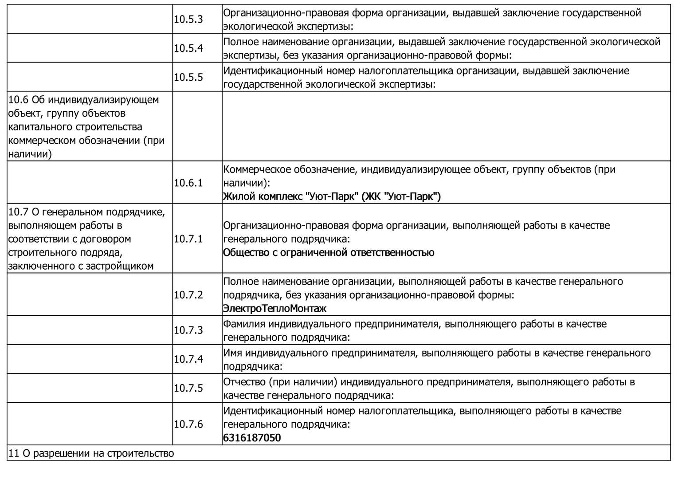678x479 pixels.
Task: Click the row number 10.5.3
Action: (x=188, y=20)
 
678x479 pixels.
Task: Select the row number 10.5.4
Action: (x=188, y=48)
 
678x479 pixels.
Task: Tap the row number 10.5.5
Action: (x=188, y=77)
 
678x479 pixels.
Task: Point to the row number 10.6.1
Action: (x=188, y=183)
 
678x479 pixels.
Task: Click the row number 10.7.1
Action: (x=188, y=239)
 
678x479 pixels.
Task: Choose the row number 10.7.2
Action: (x=188, y=295)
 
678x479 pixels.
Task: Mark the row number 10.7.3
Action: (x=188, y=330)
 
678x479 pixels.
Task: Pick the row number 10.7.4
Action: (x=188, y=359)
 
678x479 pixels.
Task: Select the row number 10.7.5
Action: (x=188, y=388)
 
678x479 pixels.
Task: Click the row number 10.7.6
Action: (x=188, y=424)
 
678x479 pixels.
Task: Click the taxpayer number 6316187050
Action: (x=252, y=438)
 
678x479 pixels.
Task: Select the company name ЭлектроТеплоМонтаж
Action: (x=274, y=309)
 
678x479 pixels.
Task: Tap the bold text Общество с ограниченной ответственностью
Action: (x=329, y=253)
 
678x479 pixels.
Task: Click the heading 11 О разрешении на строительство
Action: (x=91, y=454)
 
